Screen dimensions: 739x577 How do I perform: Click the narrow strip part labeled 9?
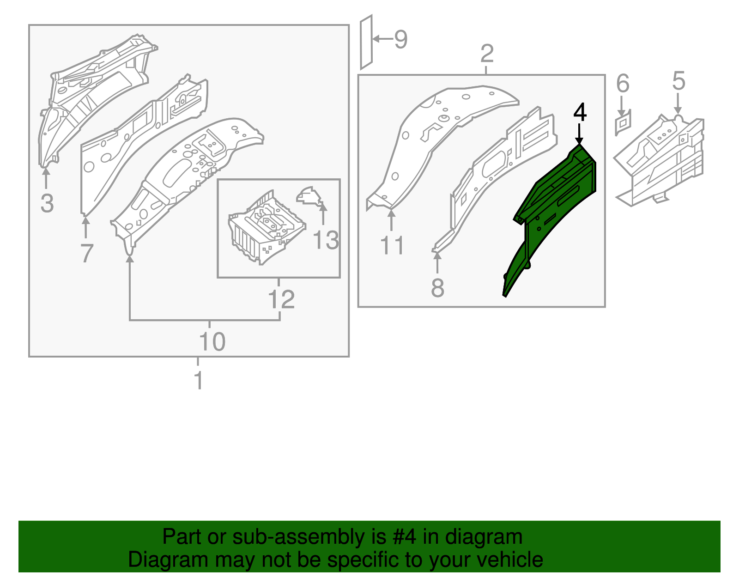click(x=366, y=42)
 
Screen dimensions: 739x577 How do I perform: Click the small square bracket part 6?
click(x=623, y=122)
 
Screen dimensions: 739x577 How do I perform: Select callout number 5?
click(x=678, y=81)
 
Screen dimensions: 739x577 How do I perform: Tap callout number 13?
click(x=326, y=240)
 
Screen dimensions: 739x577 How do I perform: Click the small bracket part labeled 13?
click(x=309, y=196)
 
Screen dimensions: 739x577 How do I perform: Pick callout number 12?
click(x=281, y=299)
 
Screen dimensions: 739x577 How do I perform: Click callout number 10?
click(x=212, y=341)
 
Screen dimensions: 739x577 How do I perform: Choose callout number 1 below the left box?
click(x=199, y=380)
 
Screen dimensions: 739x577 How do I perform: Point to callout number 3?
click(x=47, y=203)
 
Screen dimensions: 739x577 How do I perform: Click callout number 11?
click(x=392, y=245)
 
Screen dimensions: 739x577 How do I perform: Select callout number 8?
click(x=437, y=288)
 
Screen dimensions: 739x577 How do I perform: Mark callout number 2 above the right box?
click(x=487, y=54)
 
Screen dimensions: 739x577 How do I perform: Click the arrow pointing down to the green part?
click(x=579, y=134)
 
